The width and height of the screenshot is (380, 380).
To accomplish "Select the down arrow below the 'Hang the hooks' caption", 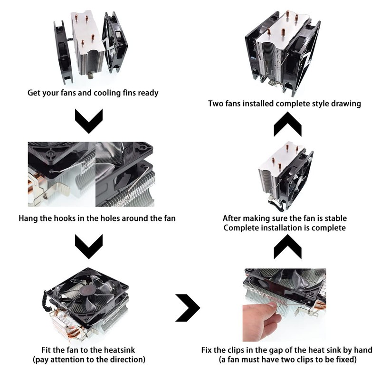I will pos(89,247).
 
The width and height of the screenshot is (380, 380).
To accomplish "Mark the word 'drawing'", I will pos(345,104).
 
